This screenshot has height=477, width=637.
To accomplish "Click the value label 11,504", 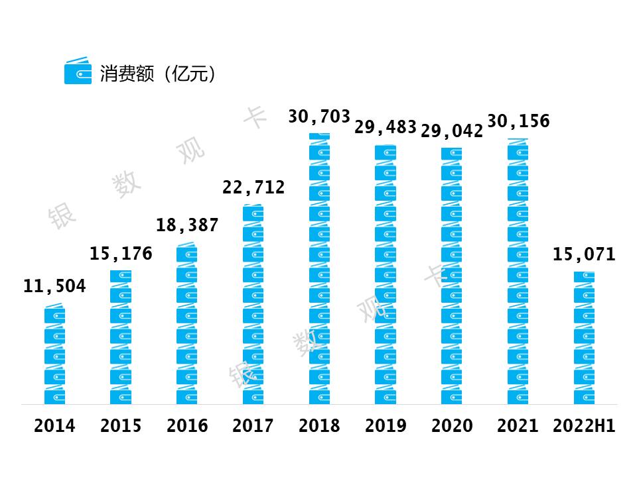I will point(54,286).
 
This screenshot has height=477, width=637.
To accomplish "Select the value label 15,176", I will point(121,253).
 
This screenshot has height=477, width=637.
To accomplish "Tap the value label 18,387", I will point(187,225).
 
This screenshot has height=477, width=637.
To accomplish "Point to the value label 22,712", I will point(253,187).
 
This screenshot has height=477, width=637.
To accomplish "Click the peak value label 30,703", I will point(319,117).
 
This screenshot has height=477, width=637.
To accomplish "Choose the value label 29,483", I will point(386,127).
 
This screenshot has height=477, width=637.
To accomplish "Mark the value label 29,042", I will point(452,131).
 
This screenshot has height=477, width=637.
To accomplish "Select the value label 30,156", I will point(518,121).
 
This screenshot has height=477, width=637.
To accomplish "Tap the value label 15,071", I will point(585,254).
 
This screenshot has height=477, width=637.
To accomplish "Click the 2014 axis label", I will point(54,425).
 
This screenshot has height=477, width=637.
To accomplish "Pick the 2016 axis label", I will point(187,425).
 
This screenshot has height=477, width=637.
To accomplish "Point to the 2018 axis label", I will point(319,425).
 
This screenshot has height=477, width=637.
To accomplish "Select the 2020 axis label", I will point(452,425).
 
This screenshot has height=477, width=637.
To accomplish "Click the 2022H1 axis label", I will point(585,425).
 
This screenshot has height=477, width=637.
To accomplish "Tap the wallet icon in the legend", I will point(78,71).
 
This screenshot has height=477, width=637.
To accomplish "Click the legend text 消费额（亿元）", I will point(159,73).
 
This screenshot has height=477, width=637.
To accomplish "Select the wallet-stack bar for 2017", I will point(253,305).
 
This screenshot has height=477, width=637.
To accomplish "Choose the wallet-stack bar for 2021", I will point(518,272).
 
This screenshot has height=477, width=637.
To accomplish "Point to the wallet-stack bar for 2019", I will point(386,275).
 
